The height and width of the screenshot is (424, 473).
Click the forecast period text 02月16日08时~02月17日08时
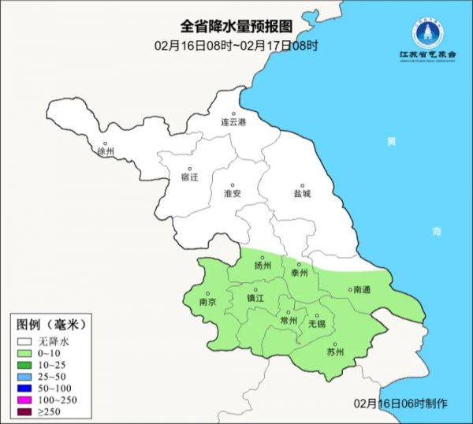[x=236, y=46]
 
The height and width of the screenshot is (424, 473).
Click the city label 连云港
[x=233, y=123]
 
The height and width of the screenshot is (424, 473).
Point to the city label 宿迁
[x=190, y=177]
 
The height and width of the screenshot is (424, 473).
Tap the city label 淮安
[x=233, y=193]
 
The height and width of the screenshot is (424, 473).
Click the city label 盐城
[x=302, y=193]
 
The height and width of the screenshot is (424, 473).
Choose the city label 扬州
[x=263, y=266]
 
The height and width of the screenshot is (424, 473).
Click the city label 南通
[x=362, y=290]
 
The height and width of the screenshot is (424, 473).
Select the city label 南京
[x=208, y=301]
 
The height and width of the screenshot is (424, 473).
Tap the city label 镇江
[x=255, y=298]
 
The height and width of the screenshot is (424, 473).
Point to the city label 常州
[x=289, y=320]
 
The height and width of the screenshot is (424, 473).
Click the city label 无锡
[x=316, y=323]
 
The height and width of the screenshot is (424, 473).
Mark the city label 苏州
[x=335, y=352]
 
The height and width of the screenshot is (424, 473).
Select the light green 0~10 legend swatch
[x=24, y=354]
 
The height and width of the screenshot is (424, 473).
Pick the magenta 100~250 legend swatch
[x=24, y=400]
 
